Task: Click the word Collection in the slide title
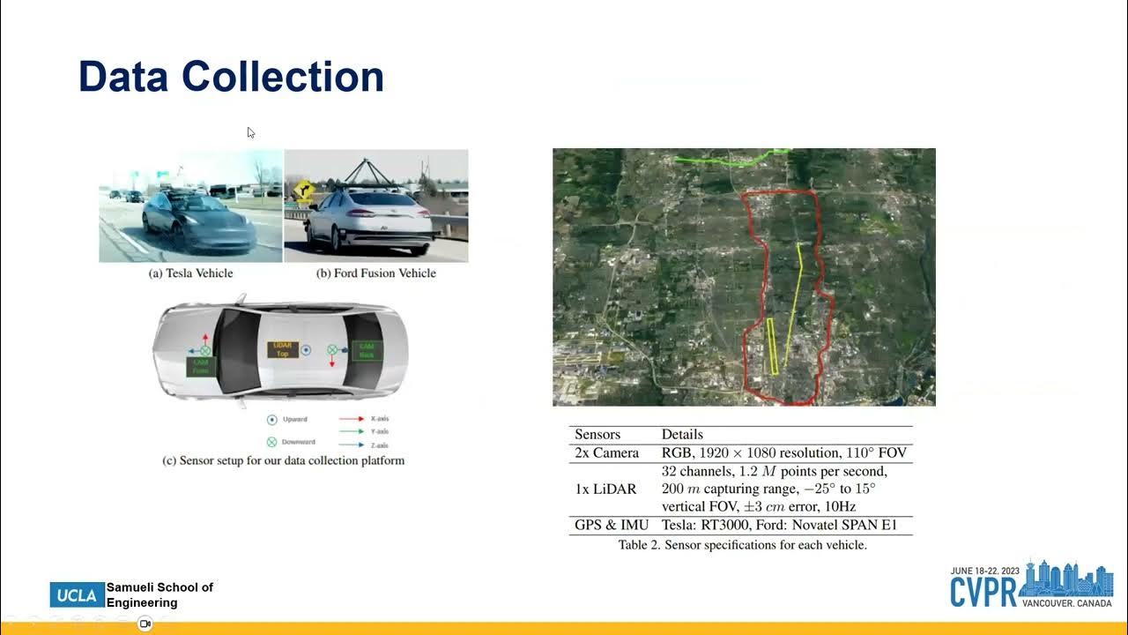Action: click(283, 77)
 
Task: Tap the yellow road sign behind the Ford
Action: click(304, 189)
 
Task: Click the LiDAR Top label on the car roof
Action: click(283, 349)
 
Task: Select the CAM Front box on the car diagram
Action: click(200, 366)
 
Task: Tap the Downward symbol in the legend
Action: click(271, 441)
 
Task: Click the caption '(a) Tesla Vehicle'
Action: click(190, 273)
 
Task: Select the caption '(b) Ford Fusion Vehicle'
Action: click(376, 273)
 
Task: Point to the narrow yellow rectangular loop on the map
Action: click(772, 346)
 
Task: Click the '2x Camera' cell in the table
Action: click(606, 452)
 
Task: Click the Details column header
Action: click(682, 434)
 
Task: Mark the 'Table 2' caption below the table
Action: click(742, 545)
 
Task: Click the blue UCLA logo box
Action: click(78, 595)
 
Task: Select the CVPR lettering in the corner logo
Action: click(983, 592)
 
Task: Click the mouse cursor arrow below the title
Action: click(250, 132)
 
